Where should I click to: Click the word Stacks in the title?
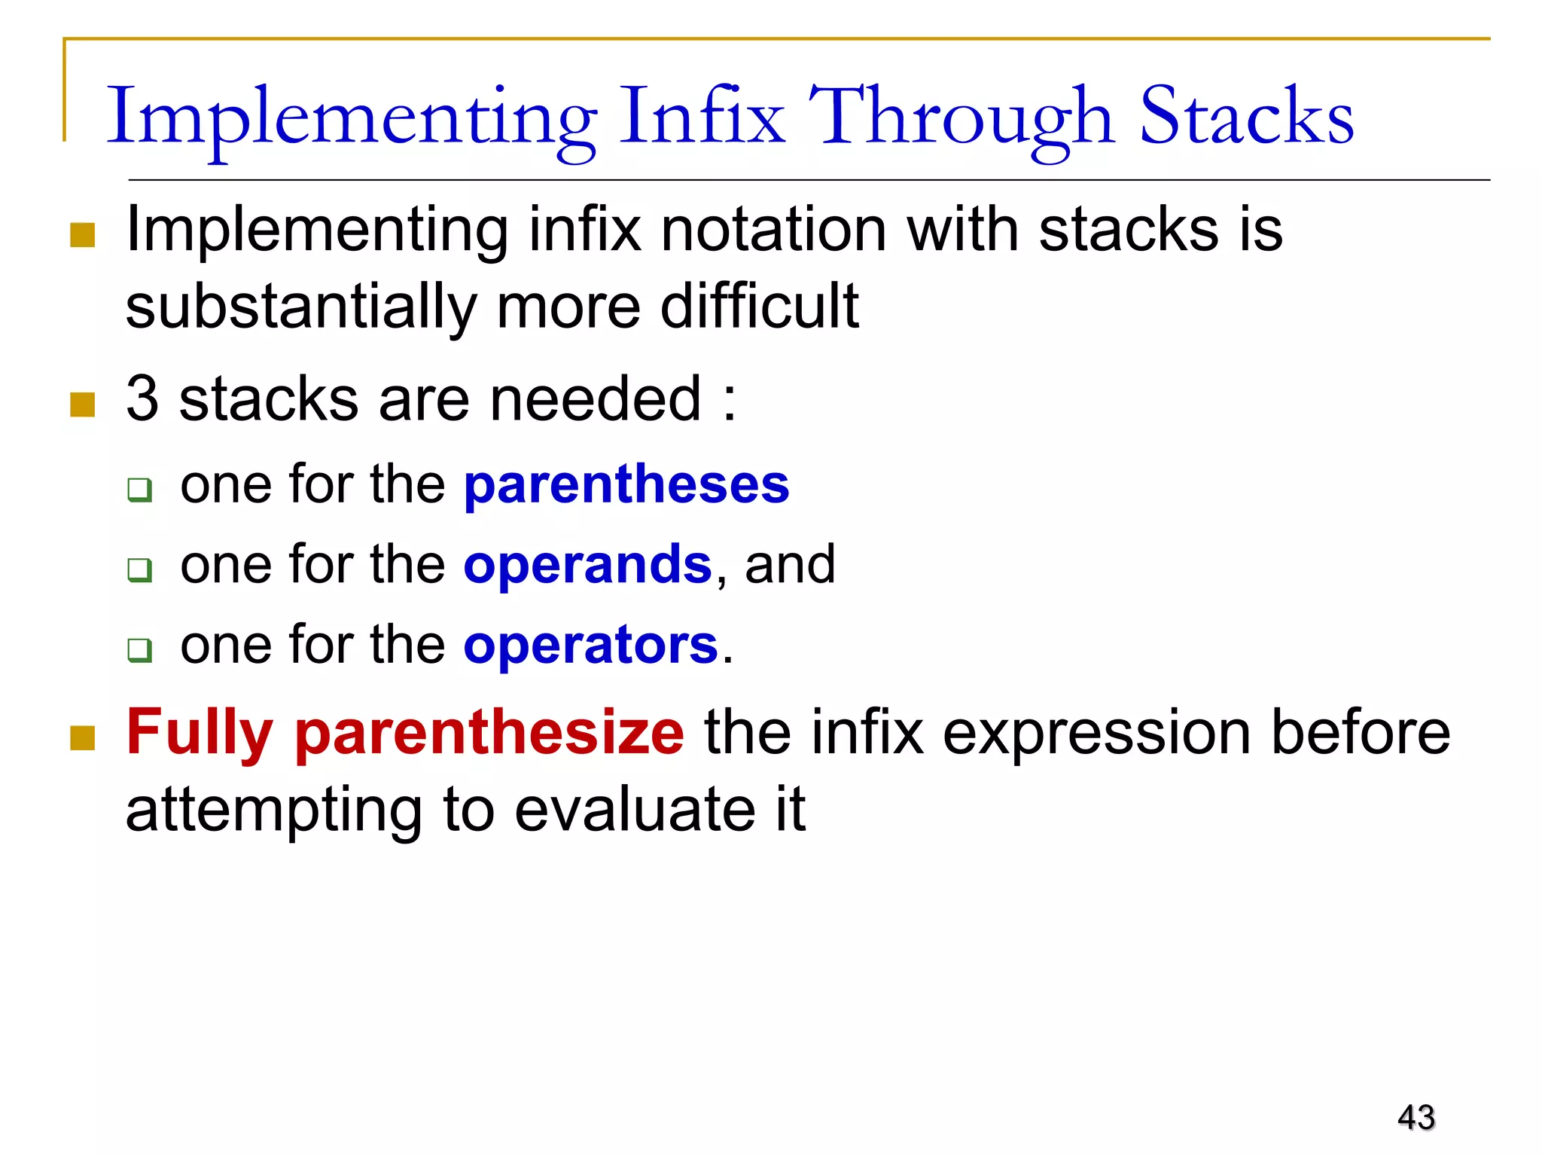1246,117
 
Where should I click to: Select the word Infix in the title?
702,117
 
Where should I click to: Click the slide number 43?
1416,1117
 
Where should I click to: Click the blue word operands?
587,565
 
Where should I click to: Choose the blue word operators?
591,646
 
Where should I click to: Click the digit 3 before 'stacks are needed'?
142,398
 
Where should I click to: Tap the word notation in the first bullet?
773,230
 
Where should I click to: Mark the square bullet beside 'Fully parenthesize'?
82,738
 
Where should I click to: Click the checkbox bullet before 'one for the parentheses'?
140,490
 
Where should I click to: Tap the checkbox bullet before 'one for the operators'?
140,650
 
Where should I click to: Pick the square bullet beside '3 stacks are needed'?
82,404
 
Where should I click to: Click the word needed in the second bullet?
595,398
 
